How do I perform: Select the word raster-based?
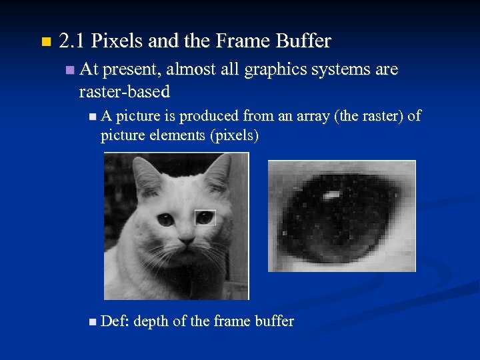(x=124, y=91)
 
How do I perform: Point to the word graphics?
(x=272, y=69)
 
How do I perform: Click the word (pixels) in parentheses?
(x=234, y=135)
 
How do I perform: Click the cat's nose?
(x=187, y=239)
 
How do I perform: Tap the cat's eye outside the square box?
(x=165, y=218)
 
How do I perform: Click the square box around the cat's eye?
(x=205, y=217)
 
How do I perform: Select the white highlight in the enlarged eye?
(x=332, y=195)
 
